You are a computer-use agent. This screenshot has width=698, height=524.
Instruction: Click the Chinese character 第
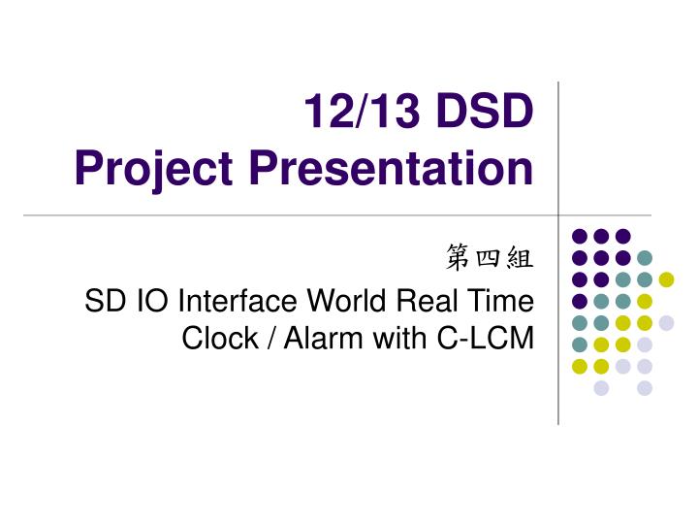coord(459,258)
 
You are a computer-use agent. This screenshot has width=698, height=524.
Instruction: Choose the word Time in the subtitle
coord(501,301)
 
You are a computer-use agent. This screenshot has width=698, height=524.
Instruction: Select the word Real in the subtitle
coord(429,301)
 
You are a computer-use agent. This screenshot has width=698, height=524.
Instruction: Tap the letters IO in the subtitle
coord(141,301)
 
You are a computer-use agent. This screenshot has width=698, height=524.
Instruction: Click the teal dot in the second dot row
coord(645,257)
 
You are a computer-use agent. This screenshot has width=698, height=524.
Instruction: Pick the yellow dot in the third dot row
coord(666,279)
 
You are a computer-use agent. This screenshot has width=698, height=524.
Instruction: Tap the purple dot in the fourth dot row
coord(580,301)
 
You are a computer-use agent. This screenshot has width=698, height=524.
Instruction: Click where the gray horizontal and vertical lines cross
coord(559,215)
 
